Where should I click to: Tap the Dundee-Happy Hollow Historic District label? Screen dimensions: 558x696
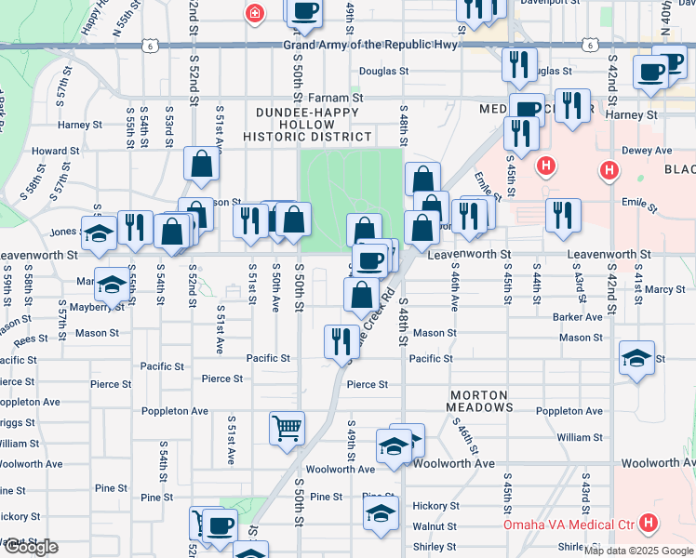point(307,124)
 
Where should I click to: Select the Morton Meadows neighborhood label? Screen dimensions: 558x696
point(479,401)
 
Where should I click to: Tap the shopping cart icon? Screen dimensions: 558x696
point(288,428)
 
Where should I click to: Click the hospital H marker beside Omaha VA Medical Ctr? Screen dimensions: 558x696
point(649,525)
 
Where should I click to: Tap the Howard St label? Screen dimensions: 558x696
point(48,151)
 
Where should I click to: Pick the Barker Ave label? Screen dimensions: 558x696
point(577,317)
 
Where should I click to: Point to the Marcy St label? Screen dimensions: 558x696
point(665,290)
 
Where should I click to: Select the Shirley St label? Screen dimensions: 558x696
point(428,547)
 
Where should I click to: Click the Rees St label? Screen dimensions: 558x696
point(31,340)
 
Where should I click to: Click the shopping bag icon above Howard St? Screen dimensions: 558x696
point(201,165)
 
